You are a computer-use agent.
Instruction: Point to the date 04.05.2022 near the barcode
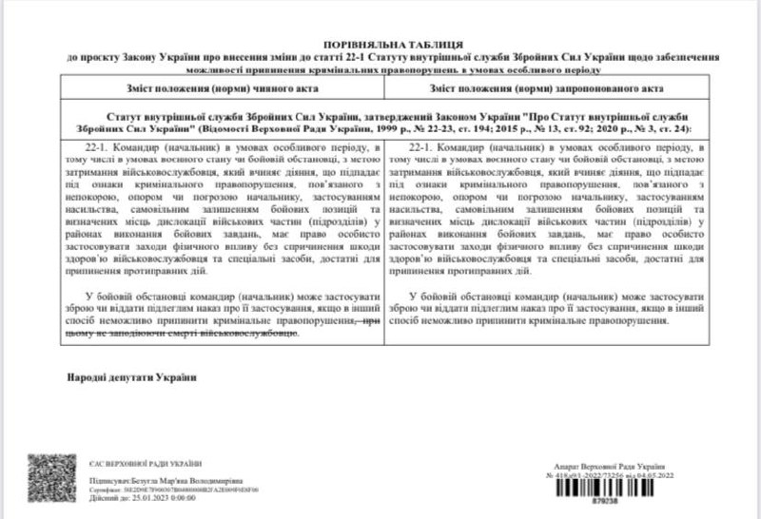click(662, 476)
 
